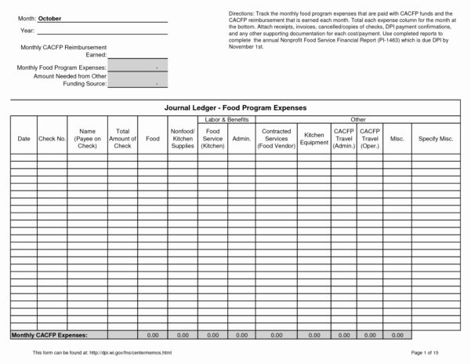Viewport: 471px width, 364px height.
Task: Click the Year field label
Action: click(x=27, y=31)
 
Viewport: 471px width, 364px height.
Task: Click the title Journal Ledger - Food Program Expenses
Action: click(x=235, y=107)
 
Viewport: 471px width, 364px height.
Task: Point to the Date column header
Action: click(x=24, y=138)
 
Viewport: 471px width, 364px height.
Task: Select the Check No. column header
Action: click(x=52, y=138)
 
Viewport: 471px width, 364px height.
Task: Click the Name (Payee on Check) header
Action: click(x=87, y=138)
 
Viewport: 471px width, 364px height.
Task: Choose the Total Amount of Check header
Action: click(x=122, y=138)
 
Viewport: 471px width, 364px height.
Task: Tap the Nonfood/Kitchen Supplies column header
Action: click(x=182, y=138)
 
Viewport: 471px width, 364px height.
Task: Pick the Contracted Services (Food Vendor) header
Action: click(x=277, y=138)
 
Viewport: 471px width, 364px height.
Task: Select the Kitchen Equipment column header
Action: click(x=313, y=138)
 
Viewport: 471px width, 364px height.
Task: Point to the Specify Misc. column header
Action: click(x=436, y=138)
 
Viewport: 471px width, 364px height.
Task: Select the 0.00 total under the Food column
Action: click(x=153, y=312)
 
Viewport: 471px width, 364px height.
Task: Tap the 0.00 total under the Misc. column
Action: click(x=397, y=312)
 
